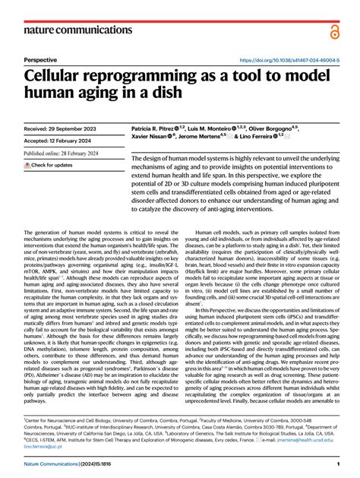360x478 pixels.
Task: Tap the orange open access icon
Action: (x=333, y=30)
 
